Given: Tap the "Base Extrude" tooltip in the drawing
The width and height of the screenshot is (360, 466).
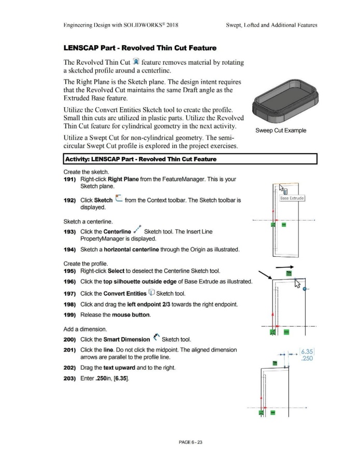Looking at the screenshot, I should (x=294, y=198).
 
